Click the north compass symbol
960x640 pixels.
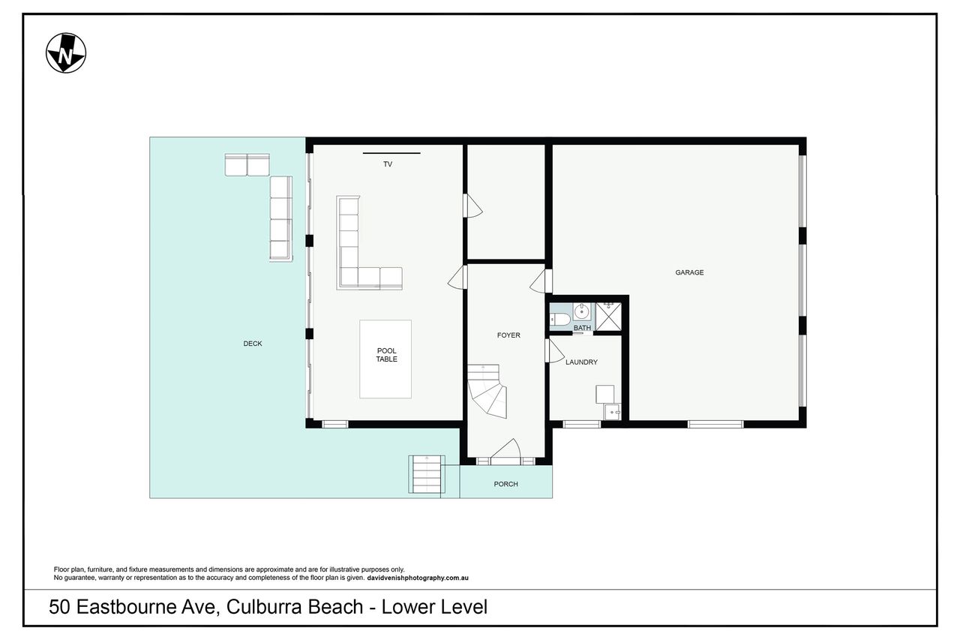pos(66,53)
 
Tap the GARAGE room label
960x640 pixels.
pos(689,272)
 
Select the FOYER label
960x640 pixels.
pos(508,335)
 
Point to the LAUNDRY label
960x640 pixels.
pos(581,362)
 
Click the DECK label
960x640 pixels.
pos(253,344)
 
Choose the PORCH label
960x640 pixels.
pos(505,484)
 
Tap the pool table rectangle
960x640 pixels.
pos(385,359)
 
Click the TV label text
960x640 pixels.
pos(388,164)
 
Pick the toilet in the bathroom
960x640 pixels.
pos(559,320)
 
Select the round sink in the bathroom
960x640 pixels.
pos(581,311)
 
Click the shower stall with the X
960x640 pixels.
pos(608,317)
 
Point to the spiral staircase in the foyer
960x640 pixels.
pos(487,391)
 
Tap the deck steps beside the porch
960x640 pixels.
pos(427,474)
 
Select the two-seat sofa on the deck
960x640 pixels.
pos(247,165)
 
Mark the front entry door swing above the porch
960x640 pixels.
pos(505,451)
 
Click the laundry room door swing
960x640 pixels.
pos(555,351)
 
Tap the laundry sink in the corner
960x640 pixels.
pos(612,411)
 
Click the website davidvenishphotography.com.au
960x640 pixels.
pos(418,578)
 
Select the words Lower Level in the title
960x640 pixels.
pos(434,607)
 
